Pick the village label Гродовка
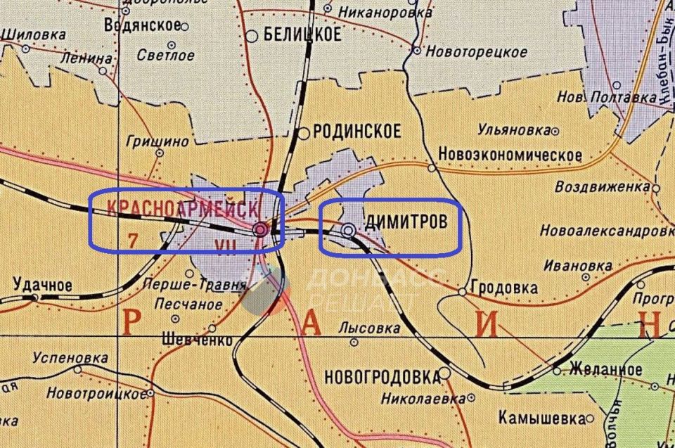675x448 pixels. [505, 288]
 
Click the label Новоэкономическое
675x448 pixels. [510, 155]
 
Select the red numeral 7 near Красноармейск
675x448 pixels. [132, 241]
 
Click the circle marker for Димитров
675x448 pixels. [349, 230]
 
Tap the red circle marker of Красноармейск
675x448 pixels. [260, 229]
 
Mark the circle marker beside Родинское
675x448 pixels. [304, 133]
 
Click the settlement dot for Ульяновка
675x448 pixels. [556, 131]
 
